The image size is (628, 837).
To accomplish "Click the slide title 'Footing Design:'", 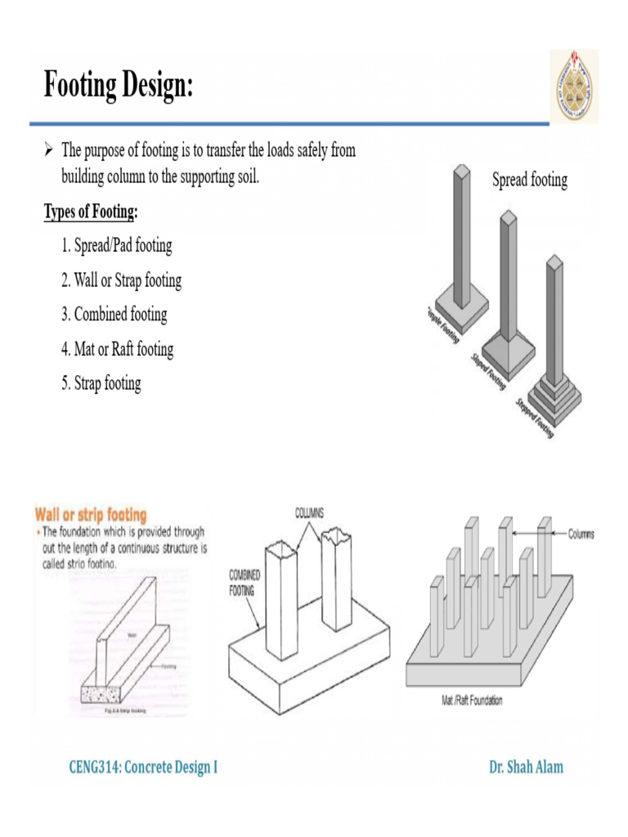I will tap(119, 85).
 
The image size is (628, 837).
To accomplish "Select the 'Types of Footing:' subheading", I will tap(91, 213).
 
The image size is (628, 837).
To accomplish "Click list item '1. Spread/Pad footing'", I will tap(116, 246).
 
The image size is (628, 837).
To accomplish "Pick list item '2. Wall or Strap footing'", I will tap(121, 280).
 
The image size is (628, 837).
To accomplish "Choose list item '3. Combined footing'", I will tap(114, 315).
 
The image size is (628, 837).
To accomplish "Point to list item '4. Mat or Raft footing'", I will tap(117, 349).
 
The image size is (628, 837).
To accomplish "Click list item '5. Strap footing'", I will tap(101, 383).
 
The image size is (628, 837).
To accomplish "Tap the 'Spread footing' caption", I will tap(529, 180).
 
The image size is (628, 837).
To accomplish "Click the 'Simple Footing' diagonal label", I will tap(442, 325).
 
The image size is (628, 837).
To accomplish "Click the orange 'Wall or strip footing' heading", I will tap(90, 515).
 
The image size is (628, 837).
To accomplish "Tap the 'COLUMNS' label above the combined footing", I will tap(309, 512).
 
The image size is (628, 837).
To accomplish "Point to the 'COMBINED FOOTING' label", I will tap(245, 581).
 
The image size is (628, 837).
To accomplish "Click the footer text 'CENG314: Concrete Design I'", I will tap(142, 767).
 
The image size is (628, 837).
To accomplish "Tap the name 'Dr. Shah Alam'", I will tap(526, 767).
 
